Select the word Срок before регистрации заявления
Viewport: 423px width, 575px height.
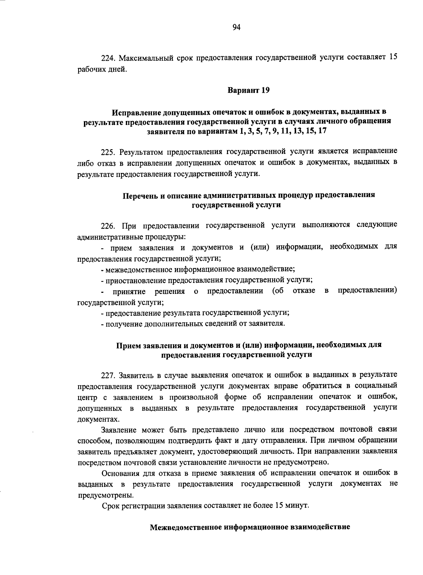pyautogui.click(x=110, y=506)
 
